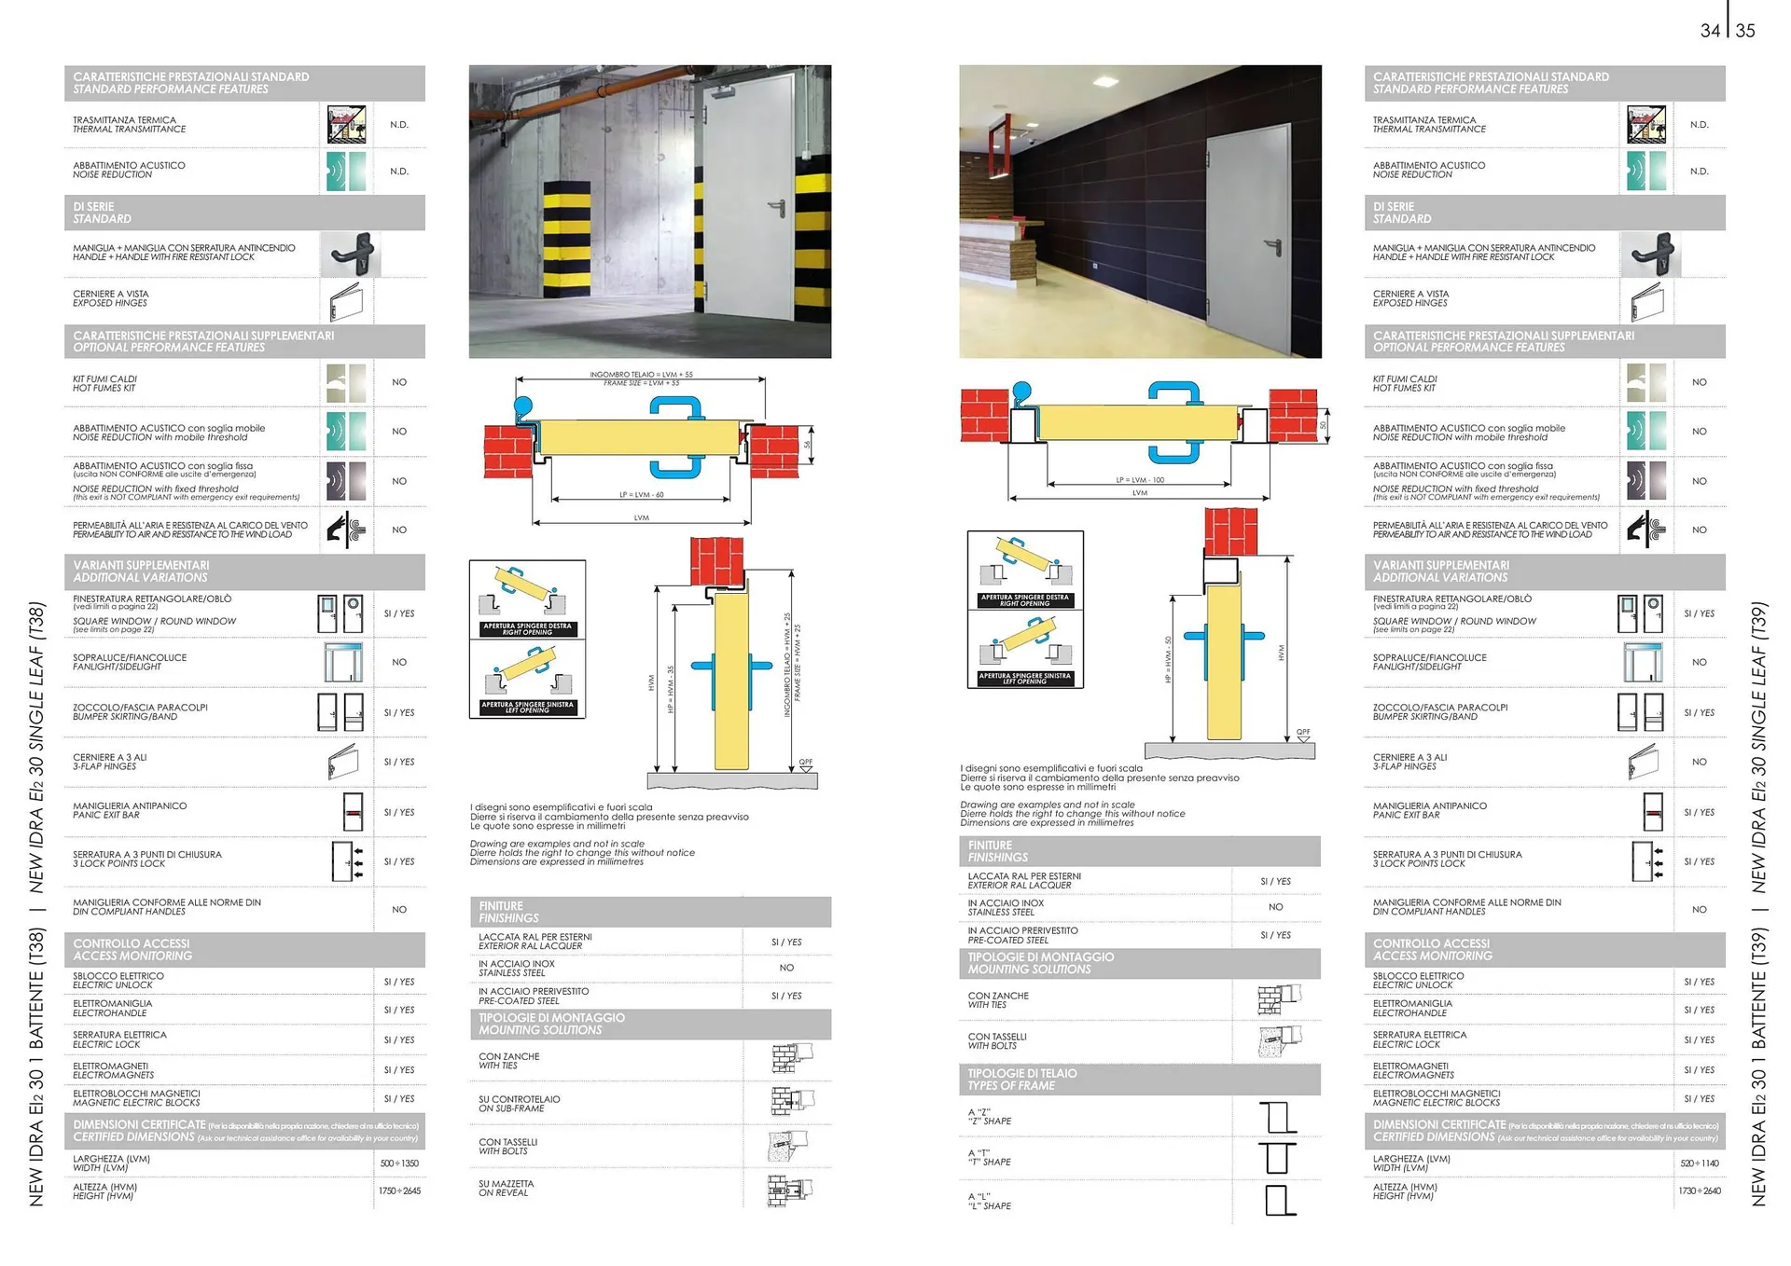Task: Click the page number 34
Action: pos(1710,31)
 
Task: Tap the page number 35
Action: pos(1745,31)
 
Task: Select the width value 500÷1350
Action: pos(399,1163)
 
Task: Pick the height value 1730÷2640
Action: pos(1700,1190)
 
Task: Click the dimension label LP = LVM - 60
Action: pos(641,495)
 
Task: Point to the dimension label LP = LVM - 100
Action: pos(1140,480)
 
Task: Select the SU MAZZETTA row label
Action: pos(506,1189)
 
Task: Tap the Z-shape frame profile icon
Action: pos(1277,1117)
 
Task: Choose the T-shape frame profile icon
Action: pos(1277,1158)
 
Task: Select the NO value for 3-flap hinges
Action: pos(1699,762)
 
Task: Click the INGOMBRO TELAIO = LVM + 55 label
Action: pos(641,375)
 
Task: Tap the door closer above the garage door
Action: pos(726,91)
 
